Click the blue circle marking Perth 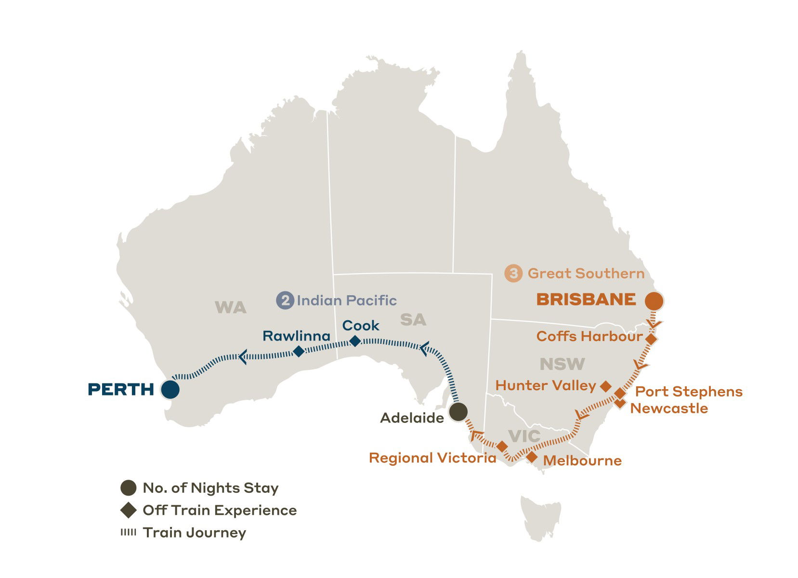tap(170, 389)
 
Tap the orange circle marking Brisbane tap(654, 301)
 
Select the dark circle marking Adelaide tap(458, 412)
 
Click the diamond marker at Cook tap(354, 341)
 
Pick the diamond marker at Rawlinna tap(299, 351)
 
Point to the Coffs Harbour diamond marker tap(651, 339)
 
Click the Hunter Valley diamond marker tap(606, 386)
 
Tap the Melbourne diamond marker tap(531, 457)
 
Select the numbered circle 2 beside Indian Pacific tap(285, 301)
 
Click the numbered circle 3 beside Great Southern tap(513, 274)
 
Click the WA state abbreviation tap(230, 307)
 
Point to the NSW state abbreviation tap(562, 364)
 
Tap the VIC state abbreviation tap(524, 436)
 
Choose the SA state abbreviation tap(413, 319)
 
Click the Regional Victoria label tap(432, 458)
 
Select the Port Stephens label tap(689, 392)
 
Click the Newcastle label tap(669, 408)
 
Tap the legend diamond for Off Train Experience tap(128, 510)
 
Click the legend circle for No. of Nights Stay tap(128, 488)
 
